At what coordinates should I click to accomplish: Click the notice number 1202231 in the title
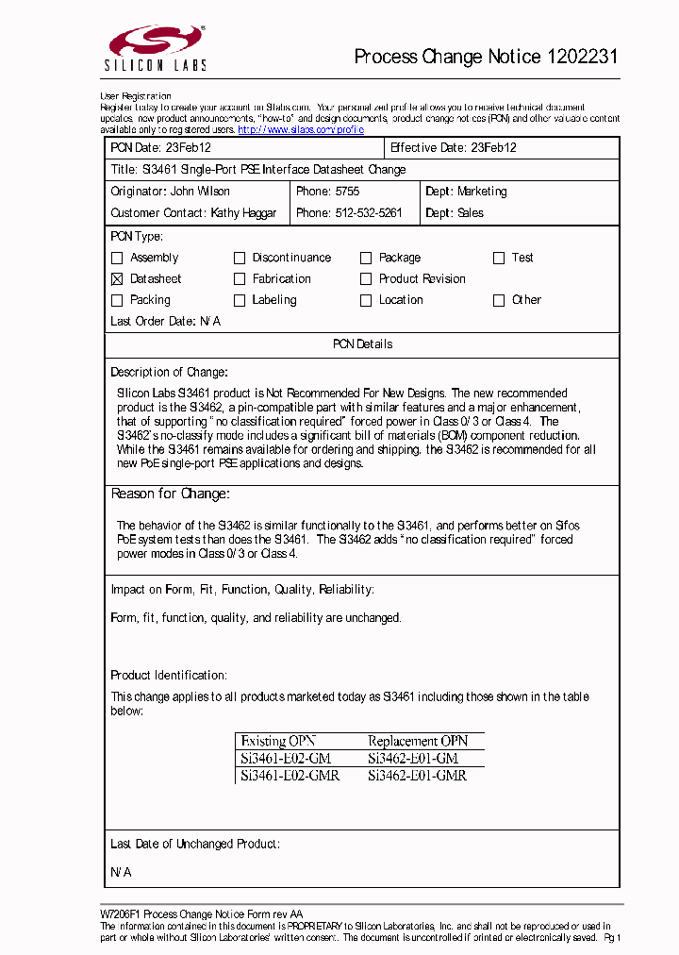[x=582, y=57]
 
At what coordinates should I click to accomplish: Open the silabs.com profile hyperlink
[x=300, y=129]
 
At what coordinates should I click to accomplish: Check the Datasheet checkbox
[x=117, y=279]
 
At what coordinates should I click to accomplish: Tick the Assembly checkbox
[x=117, y=258]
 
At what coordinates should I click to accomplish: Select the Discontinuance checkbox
[x=240, y=258]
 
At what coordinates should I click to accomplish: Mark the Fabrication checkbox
[x=240, y=279]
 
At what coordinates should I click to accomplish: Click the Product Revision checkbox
[x=366, y=279]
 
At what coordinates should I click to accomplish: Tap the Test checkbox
[x=499, y=258]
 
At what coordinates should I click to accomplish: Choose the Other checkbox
[x=499, y=301]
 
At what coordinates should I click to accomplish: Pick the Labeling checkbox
[x=240, y=301]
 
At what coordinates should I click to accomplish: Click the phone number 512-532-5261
[x=369, y=213]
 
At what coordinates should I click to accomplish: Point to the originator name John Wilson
[x=200, y=192]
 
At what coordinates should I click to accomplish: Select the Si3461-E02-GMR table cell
[x=290, y=776]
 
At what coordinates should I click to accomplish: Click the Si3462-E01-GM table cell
[x=413, y=759]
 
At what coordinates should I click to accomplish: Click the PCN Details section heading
[x=362, y=344]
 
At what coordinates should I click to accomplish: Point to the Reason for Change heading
[x=171, y=494]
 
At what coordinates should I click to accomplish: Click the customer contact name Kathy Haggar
[x=243, y=213]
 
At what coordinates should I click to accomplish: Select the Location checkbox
[x=366, y=301]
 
